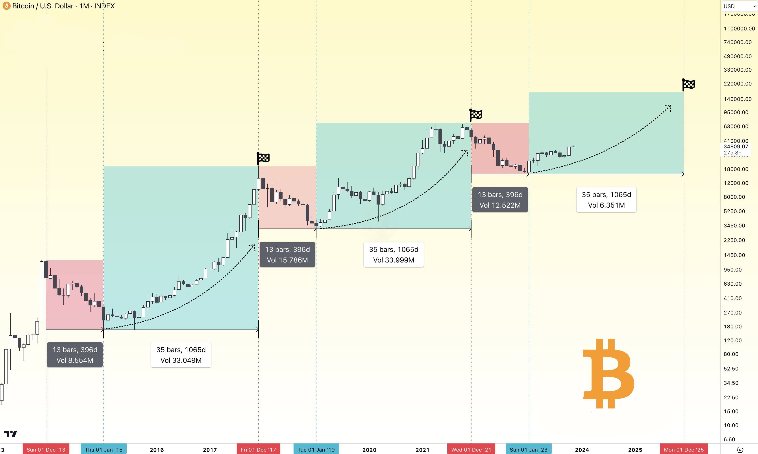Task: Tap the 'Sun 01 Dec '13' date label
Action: (x=46, y=449)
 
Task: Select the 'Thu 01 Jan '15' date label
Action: (x=103, y=449)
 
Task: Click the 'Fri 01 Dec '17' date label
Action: (x=258, y=449)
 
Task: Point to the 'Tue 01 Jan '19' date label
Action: (x=316, y=449)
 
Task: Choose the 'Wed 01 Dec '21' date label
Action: (x=471, y=449)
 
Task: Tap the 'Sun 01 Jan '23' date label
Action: (x=529, y=449)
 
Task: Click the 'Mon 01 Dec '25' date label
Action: (x=684, y=449)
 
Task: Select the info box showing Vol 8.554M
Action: (x=75, y=355)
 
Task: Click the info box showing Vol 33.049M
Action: (x=181, y=355)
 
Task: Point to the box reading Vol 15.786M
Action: (x=287, y=255)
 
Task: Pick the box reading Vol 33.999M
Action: (x=394, y=255)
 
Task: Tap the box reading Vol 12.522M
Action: (x=500, y=200)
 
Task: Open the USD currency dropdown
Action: (x=739, y=6)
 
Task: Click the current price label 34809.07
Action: (x=736, y=147)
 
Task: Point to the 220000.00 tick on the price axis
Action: (x=738, y=84)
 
